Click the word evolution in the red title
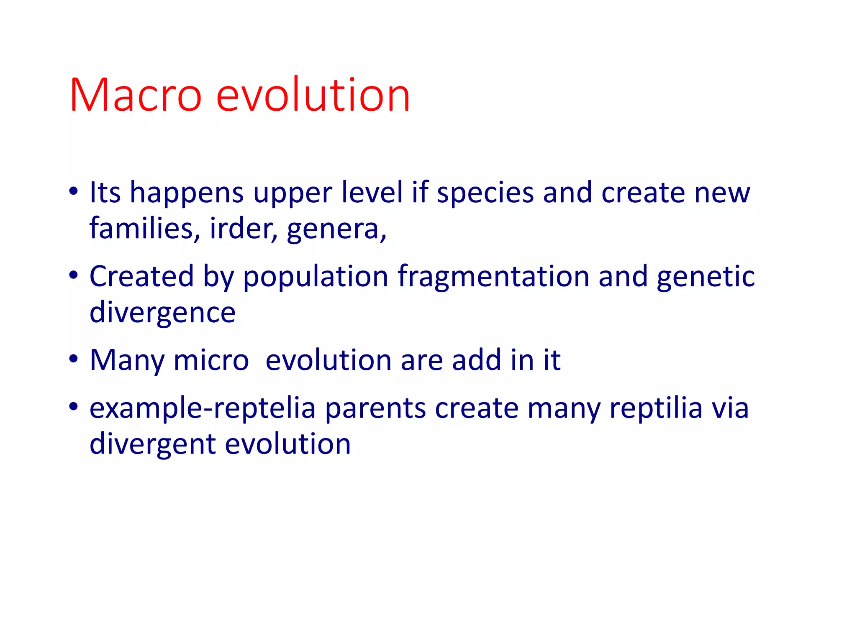click(x=313, y=95)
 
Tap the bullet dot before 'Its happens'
click(x=74, y=192)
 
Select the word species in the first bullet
click(x=485, y=194)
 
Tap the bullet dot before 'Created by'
click(x=74, y=275)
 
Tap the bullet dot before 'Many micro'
click(x=74, y=359)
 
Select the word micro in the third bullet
click(x=211, y=360)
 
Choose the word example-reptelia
click(x=203, y=409)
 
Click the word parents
click(x=375, y=409)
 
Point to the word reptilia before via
click(x=656, y=408)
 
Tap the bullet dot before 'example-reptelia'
click(x=74, y=407)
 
